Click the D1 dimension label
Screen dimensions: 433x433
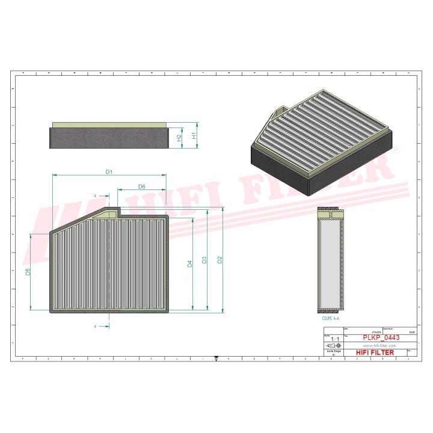coord(109,172)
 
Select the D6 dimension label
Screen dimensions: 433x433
coord(142,186)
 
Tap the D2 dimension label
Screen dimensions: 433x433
coord(220,260)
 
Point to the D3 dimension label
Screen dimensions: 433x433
coord(204,260)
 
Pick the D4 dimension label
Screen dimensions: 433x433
coord(189,264)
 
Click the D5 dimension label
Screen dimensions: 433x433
coord(28,272)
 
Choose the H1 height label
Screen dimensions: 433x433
coord(194,136)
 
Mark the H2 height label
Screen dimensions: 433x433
coord(179,138)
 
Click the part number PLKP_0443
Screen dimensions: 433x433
coord(379,338)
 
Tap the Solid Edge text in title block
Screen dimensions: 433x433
coord(330,352)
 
